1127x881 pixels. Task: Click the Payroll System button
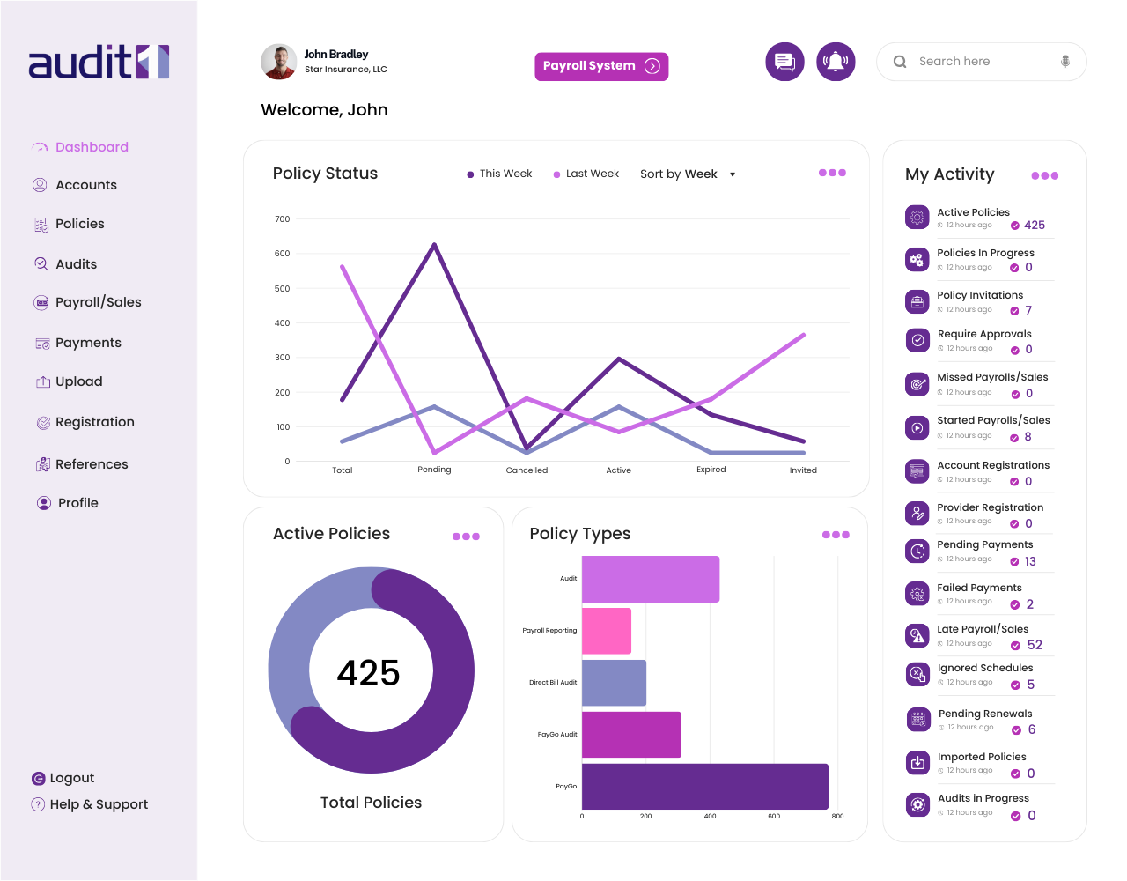pyautogui.click(x=601, y=66)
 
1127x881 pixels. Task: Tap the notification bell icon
pyautogui.click(x=836, y=62)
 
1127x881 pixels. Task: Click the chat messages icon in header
pyautogui.click(x=784, y=62)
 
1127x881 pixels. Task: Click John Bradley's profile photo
pyautogui.click(x=278, y=62)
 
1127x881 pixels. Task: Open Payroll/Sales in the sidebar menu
pyautogui.click(x=98, y=302)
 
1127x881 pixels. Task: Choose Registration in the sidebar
pyautogui.click(x=94, y=422)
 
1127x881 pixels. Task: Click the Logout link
pyautogui.click(x=71, y=778)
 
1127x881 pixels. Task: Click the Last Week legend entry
pyautogui.click(x=592, y=174)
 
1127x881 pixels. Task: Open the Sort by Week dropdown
pyautogui.click(x=688, y=174)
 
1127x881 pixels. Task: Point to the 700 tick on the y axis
pyautogui.click(x=282, y=219)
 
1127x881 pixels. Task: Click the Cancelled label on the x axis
pyautogui.click(x=527, y=470)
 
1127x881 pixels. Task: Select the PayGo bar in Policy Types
pyautogui.click(x=704, y=787)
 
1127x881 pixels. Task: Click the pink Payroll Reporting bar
pyautogui.click(x=607, y=631)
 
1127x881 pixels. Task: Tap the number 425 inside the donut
pyautogui.click(x=369, y=673)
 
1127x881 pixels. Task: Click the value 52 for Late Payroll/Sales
pyautogui.click(x=1035, y=645)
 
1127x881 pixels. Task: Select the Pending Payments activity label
pyautogui.click(x=984, y=544)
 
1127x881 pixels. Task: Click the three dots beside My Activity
pyautogui.click(x=1044, y=175)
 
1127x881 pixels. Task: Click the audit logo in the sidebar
pyautogui.click(x=99, y=63)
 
